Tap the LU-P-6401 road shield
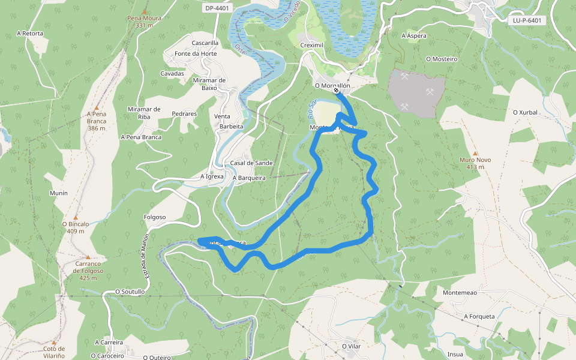coord(527,20)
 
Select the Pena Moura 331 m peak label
coord(143,22)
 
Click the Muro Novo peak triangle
coord(475,154)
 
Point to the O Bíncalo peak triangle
coord(76,217)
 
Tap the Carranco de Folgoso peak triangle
coord(88,256)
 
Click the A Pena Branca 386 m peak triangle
coord(96,107)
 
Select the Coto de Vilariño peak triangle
coord(53,342)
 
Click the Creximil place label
coord(312,46)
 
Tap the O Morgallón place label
coord(332,85)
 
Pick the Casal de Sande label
coord(251,163)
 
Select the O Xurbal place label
coord(525,112)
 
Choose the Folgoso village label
coord(155,217)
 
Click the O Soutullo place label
coord(130,292)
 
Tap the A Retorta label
coord(30,34)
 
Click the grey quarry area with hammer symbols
coord(416,92)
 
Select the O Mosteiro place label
coord(441,59)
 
